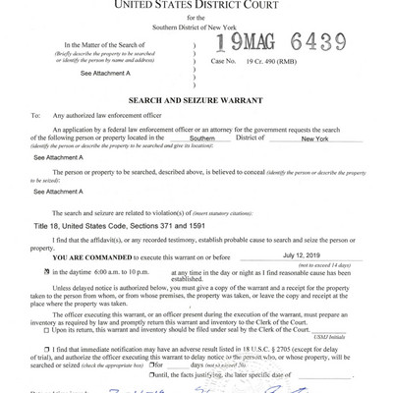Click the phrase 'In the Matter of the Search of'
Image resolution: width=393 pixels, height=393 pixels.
(103, 44)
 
